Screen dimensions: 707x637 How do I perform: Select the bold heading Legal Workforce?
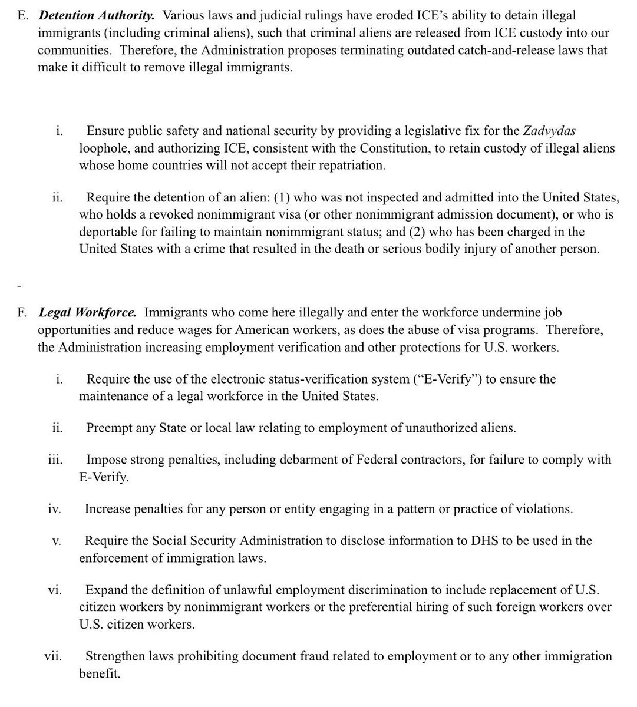point(88,312)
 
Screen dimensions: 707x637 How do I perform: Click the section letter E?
point(22,15)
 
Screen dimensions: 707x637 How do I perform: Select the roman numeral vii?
point(53,656)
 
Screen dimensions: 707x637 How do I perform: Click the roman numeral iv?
point(54,508)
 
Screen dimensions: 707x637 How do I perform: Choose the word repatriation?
point(352,165)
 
